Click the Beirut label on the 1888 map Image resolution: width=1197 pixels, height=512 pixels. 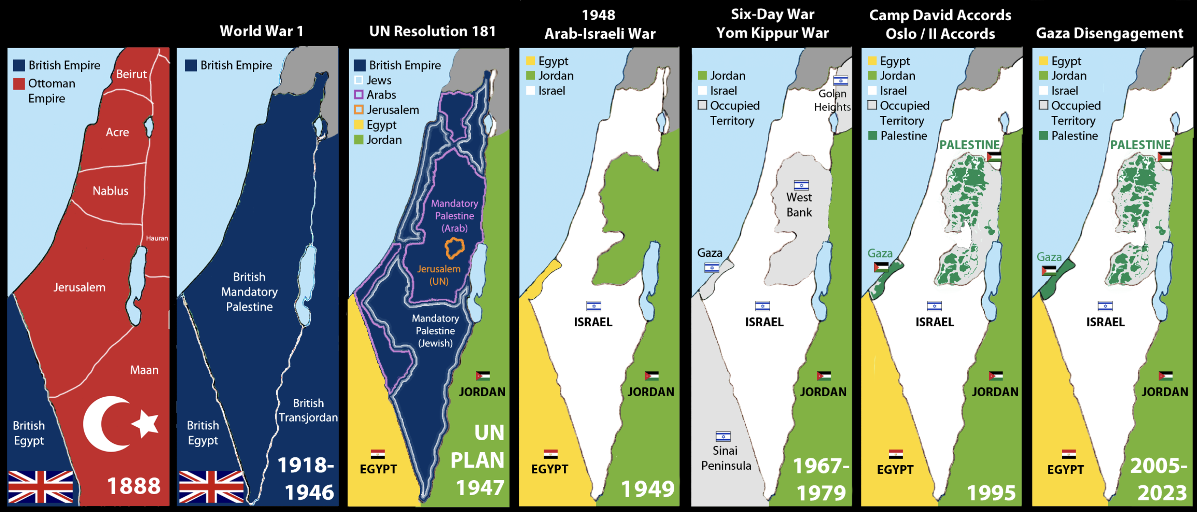pos(131,74)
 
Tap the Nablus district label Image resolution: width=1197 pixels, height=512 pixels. pos(110,191)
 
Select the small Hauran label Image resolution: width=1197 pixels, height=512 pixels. pos(157,238)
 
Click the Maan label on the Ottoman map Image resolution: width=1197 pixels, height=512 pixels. pos(144,370)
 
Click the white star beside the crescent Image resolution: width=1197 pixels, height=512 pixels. pos(146,424)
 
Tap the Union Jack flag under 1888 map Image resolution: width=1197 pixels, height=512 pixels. pos(41,487)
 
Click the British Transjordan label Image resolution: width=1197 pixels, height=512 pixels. pos(308,410)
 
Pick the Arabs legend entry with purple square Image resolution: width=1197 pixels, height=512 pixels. pos(375,95)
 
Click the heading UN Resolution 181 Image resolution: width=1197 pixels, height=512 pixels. pos(432,31)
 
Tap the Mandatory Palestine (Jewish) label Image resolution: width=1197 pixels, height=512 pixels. pos(435,330)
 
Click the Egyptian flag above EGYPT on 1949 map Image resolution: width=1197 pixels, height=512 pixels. pos(550,454)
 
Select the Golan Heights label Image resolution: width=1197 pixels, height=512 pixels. pos(832,100)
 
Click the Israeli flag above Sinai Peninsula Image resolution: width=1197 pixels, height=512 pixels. pos(723,436)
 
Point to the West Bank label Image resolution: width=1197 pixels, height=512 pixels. pos(799,205)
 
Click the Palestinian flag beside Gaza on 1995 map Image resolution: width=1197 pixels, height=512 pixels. pos(881,267)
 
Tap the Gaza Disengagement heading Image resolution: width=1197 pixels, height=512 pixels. pos(1109,33)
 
